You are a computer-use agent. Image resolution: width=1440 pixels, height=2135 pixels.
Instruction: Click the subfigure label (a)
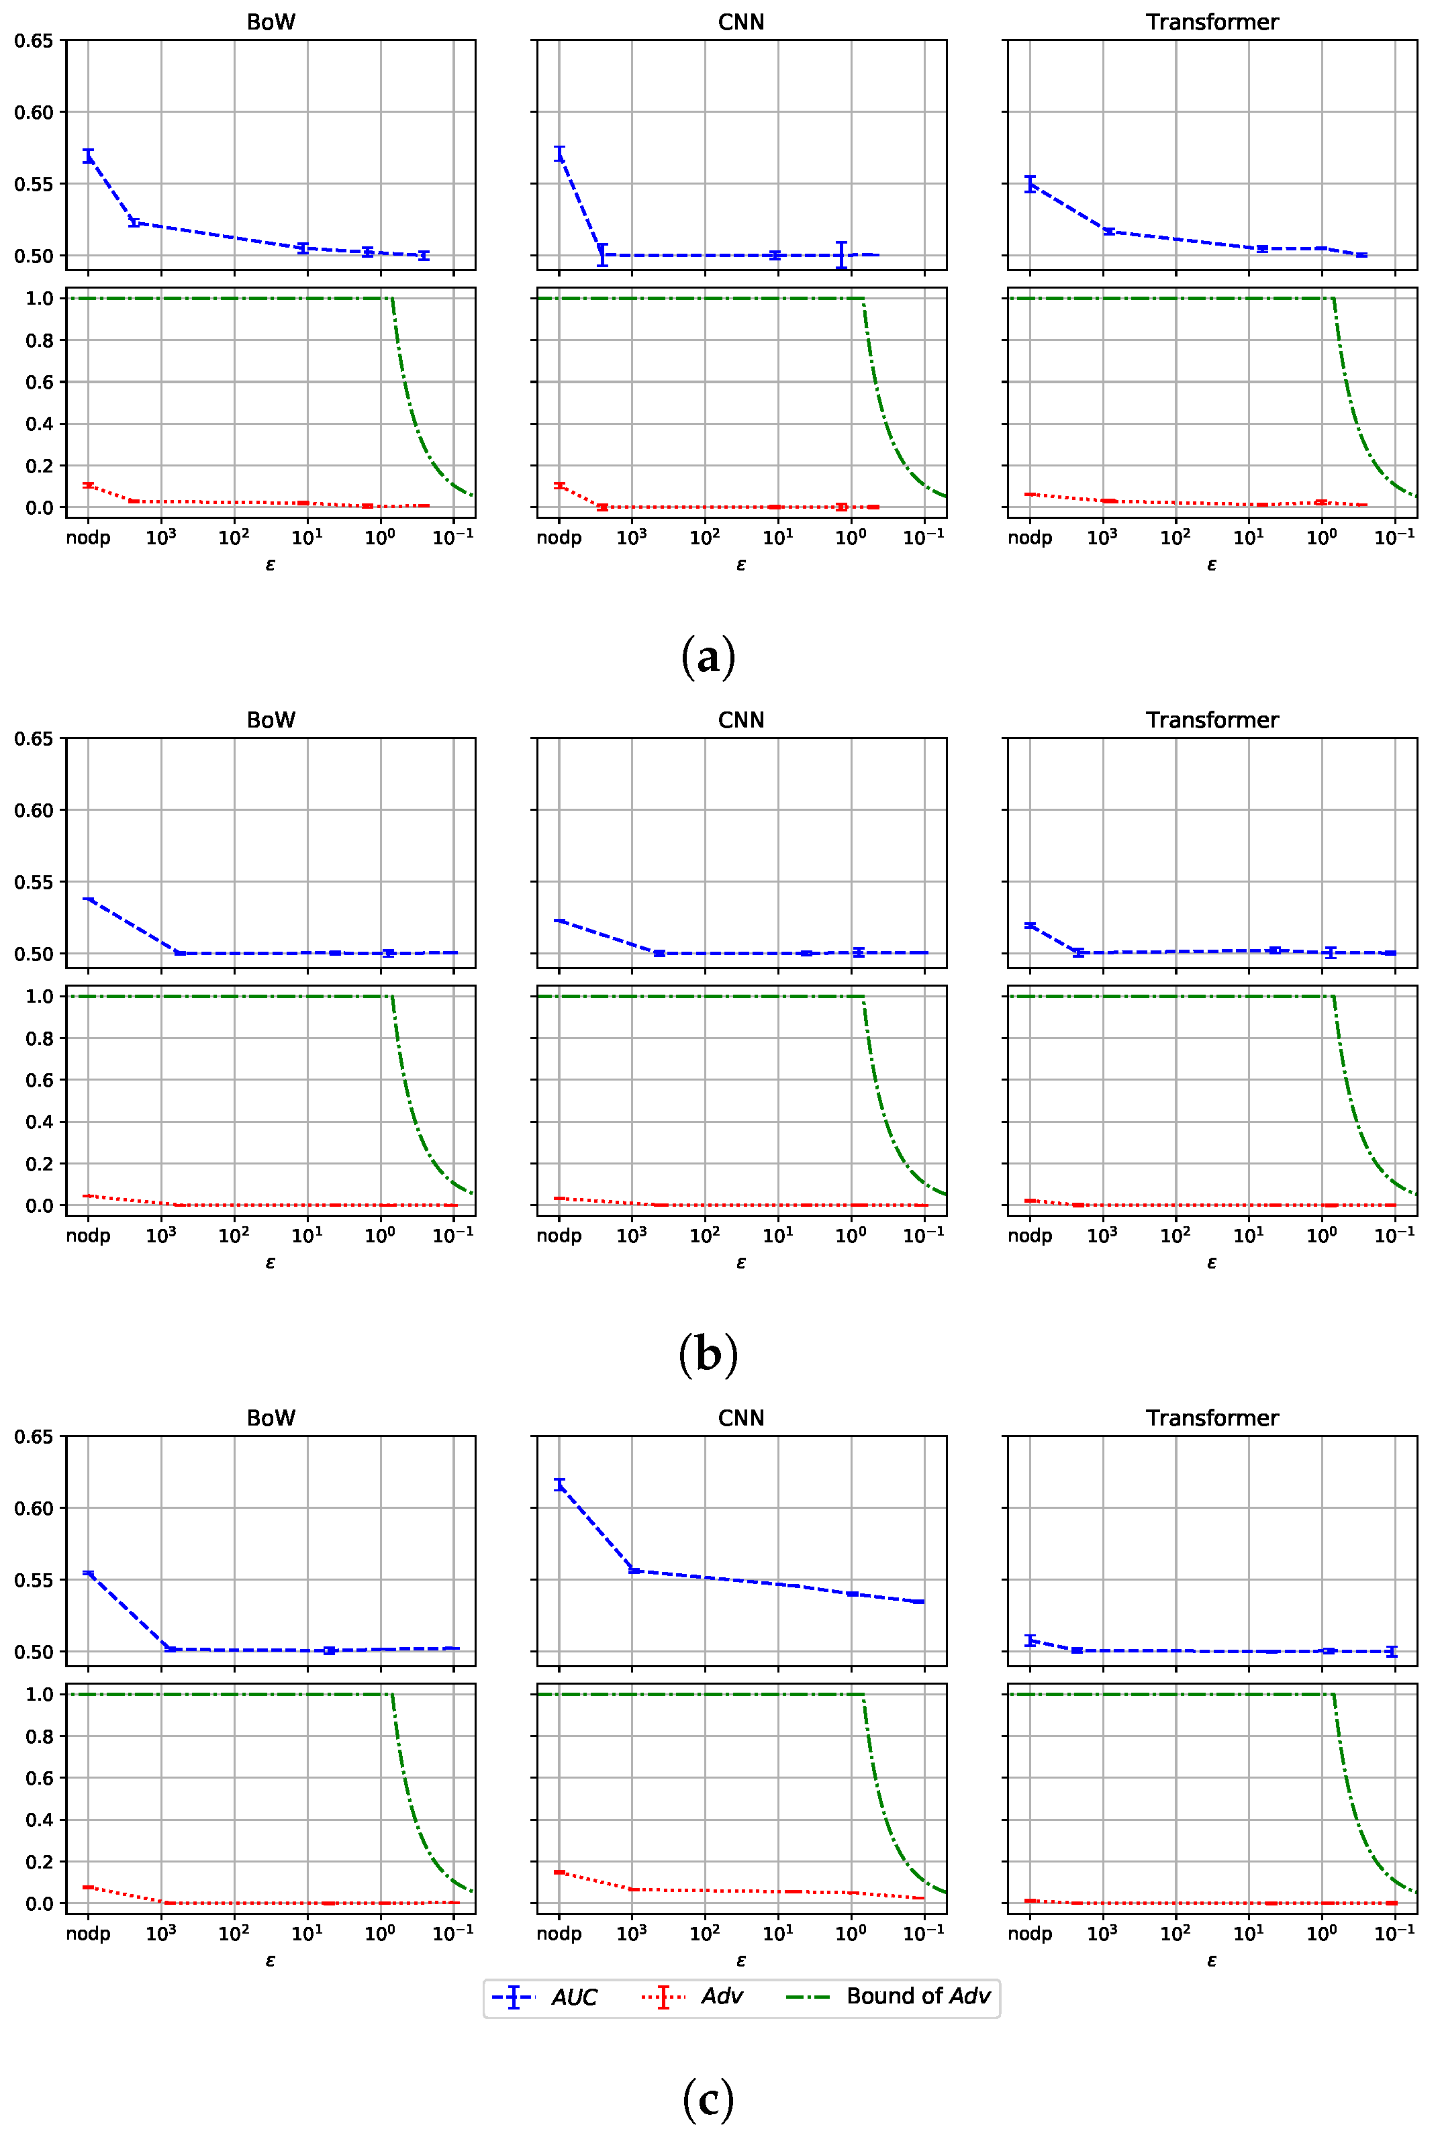[x=708, y=657]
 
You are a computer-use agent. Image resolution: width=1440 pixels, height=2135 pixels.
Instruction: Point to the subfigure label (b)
[x=708, y=1355]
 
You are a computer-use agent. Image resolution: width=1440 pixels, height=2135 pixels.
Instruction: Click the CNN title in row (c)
[x=741, y=1418]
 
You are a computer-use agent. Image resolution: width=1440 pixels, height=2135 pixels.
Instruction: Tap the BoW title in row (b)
[x=271, y=719]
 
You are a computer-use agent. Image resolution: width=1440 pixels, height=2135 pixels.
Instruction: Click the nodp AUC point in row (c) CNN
[x=559, y=1484]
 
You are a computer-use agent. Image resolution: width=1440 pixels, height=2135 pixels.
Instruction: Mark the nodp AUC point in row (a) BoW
[x=88, y=155]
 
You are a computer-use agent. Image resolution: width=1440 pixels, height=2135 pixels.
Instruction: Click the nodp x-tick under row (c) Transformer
[x=1030, y=1934]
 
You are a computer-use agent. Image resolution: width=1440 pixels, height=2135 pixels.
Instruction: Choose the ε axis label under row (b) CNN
[x=741, y=1262]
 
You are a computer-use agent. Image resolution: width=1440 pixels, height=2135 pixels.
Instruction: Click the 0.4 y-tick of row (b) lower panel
[x=40, y=1122]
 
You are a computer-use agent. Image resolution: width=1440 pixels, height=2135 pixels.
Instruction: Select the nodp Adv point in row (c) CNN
[x=559, y=1872]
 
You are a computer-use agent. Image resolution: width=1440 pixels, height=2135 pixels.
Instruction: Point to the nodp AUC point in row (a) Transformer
[x=1030, y=184]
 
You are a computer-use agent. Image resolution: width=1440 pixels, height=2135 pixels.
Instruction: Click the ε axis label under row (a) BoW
[x=271, y=564]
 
